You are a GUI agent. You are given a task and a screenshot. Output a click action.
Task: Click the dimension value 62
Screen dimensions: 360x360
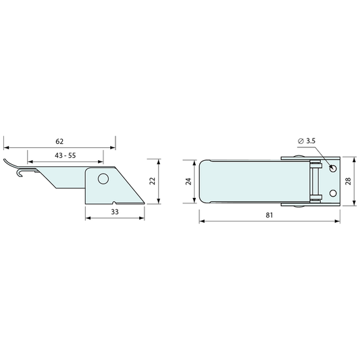click(x=59, y=141)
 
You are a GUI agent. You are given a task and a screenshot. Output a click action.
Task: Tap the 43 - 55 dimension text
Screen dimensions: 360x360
click(x=66, y=155)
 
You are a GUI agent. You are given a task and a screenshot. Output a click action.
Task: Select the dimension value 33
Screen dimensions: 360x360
click(x=115, y=211)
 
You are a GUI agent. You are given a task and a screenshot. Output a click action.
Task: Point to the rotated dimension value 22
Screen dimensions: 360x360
click(x=153, y=181)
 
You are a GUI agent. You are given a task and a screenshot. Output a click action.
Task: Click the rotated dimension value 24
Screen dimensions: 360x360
click(x=188, y=182)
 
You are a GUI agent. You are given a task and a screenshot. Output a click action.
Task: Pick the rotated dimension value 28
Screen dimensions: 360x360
click(x=348, y=181)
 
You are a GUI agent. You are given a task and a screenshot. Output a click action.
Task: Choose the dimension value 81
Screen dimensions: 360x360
click(x=269, y=215)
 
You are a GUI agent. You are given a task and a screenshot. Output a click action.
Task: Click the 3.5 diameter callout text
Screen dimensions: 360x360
click(x=311, y=140)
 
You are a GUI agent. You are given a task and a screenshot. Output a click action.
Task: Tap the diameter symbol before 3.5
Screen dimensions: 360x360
click(x=301, y=141)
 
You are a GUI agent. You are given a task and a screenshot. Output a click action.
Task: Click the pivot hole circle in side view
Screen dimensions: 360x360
click(x=103, y=178)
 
